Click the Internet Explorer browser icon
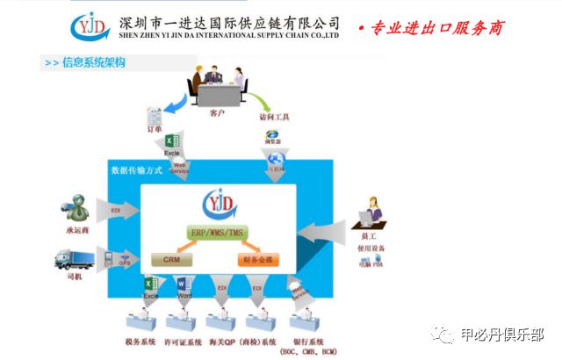(271, 135)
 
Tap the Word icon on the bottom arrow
(184, 286)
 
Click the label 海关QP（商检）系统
(241, 341)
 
